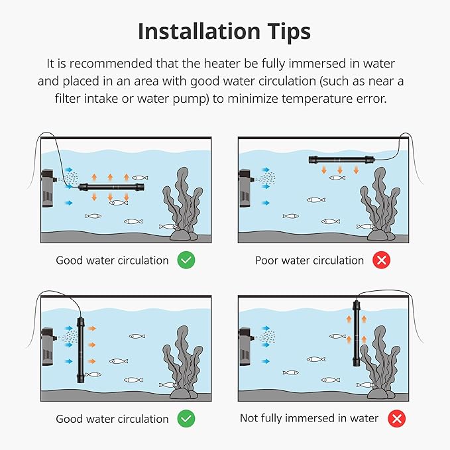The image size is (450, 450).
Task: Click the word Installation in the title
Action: [199, 31]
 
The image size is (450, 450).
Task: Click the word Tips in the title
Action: [289, 32]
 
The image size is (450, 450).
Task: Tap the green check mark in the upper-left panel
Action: [186, 260]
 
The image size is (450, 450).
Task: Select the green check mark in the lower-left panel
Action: [186, 418]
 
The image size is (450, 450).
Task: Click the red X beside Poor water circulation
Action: [381, 260]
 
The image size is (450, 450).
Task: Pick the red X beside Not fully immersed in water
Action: [396, 418]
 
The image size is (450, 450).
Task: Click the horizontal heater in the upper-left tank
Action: [111, 188]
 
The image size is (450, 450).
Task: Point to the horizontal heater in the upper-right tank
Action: [341, 159]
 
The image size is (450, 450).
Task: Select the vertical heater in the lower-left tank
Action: [80, 350]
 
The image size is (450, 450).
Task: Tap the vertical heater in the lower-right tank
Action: [357, 333]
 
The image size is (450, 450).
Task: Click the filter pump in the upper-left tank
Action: [48, 188]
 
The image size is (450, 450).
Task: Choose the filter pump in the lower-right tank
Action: [245, 347]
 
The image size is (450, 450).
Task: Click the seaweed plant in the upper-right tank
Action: [380, 201]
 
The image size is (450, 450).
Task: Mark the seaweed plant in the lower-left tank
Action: [183, 359]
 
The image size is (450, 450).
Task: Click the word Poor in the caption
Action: [266, 260]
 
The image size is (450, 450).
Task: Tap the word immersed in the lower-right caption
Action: [310, 418]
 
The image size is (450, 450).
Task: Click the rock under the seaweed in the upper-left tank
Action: [184, 235]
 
